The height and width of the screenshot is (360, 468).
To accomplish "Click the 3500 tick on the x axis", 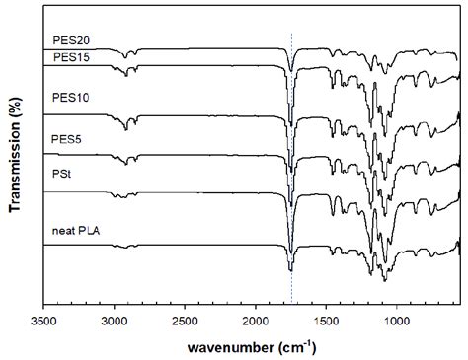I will click(43, 321).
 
